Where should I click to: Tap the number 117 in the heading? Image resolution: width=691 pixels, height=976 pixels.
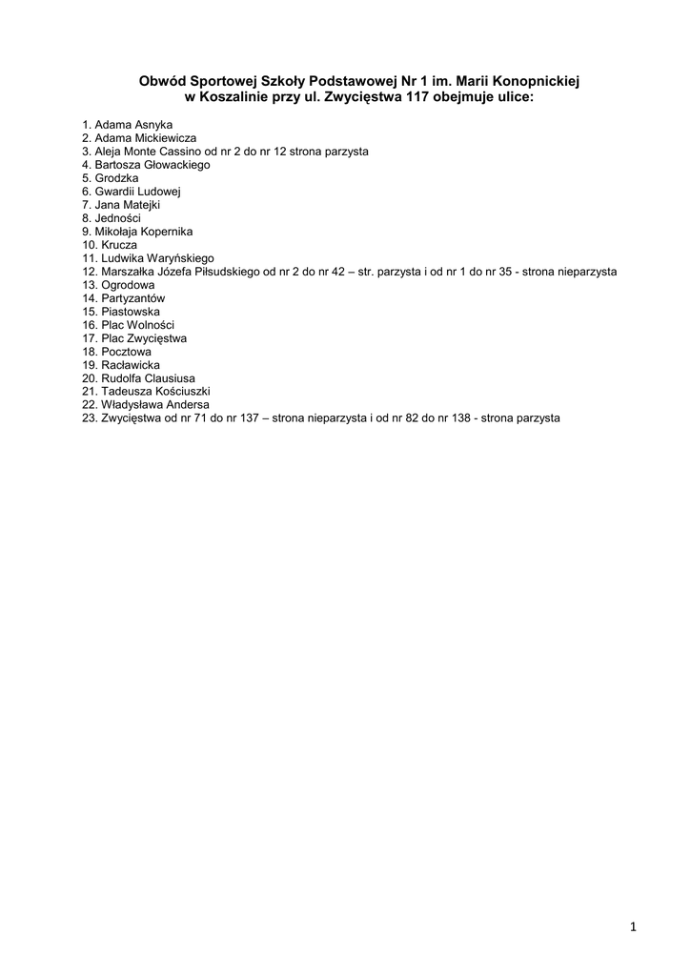(x=415, y=97)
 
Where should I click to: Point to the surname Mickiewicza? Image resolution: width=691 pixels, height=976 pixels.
(x=164, y=138)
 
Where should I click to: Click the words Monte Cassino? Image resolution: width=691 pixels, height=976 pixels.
(x=165, y=152)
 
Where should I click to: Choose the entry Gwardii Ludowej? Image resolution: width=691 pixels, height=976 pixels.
(x=137, y=192)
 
